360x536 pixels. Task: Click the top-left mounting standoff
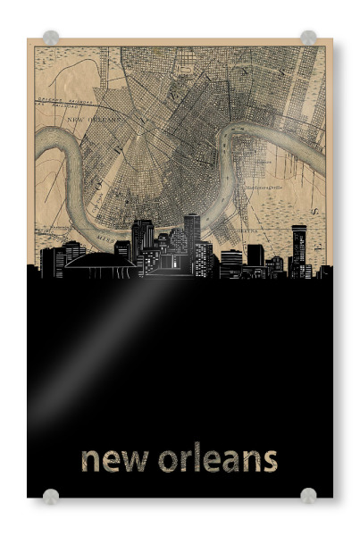(51, 38)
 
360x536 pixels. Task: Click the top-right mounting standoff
(308, 38)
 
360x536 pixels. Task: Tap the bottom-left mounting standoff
(51, 496)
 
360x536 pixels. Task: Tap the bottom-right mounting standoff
(308, 496)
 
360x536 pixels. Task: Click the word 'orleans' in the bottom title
(218, 459)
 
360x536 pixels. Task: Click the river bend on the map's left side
(54, 152)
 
